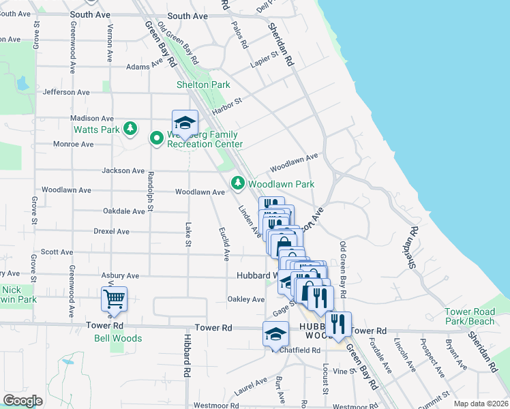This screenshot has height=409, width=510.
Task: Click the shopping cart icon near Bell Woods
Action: [114, 298]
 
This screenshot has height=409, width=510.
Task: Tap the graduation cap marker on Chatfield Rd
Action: [275, 334]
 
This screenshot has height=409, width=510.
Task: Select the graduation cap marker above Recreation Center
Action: [184, 123]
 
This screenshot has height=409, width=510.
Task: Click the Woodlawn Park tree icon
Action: [237, 183]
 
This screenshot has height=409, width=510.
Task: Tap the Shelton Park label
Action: [203, 85]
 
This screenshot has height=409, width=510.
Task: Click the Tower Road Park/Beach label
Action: [470, 316]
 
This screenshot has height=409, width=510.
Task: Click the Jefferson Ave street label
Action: [66, 92]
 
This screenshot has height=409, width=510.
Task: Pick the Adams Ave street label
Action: [145, 66]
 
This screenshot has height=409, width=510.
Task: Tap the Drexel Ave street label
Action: [111, 232]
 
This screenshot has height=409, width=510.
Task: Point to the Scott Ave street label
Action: [57, 252]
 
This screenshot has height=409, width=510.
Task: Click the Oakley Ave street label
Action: [245, 299]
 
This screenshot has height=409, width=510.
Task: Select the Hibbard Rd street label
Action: [185, 356]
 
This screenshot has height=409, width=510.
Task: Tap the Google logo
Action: [22, 401]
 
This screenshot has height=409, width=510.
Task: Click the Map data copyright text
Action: [481, 404]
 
